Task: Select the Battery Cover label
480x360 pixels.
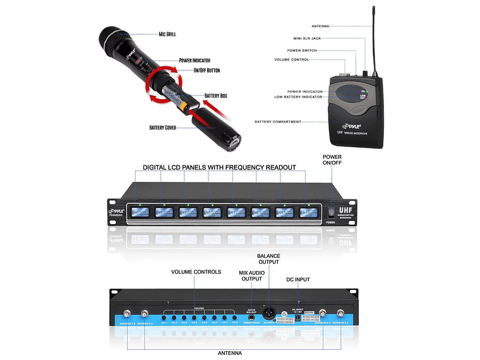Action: pyautogui.click(x=162, y=128)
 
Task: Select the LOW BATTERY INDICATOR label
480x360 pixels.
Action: pyautogui.click(x=298, y=97)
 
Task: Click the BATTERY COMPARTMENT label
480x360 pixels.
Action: pyautogui.click(x=286, y=121)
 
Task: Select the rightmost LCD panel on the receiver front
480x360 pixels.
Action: pyautogui.click(x=309, y=213)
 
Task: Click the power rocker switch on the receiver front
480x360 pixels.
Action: pyautogui.click(x=330, y=212)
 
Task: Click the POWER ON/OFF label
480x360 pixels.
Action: pyautogui.click(x=332, y=160)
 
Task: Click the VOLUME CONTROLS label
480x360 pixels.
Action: pyautogui.click(x=196, y=272)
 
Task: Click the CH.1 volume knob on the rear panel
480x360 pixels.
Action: pyautogui.click(x=164, y=315)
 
